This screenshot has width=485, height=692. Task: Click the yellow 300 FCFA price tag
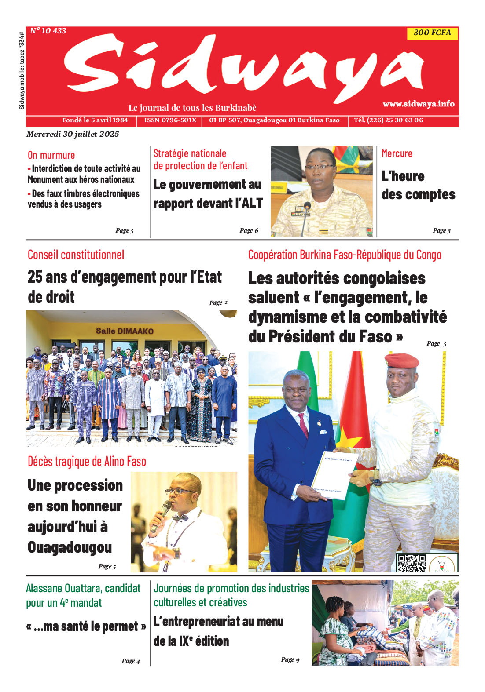pos(432,33)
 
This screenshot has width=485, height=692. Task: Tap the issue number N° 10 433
pos(48,31)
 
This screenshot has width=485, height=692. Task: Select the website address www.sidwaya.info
pos(418,104)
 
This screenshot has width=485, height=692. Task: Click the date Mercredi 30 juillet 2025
pos(73,134)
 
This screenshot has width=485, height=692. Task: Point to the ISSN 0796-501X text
pos(170,120)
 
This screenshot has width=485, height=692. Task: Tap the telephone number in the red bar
pos(388,120)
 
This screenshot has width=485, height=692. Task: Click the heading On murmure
pos(51,155)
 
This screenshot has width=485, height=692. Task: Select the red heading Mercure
pos(397,153)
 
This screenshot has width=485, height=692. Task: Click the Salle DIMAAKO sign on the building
pos(125,331)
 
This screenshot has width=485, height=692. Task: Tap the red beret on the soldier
pos(401,361)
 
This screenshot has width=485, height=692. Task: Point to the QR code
pos(412,562)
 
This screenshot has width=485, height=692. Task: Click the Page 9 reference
pos(290,659)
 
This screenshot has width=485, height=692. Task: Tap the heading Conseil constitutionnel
pos(76,255)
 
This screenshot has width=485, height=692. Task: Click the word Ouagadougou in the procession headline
pos(70,548)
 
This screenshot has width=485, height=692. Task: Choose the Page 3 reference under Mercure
pos(441,230)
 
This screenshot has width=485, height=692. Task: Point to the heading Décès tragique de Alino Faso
pos(87,461)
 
